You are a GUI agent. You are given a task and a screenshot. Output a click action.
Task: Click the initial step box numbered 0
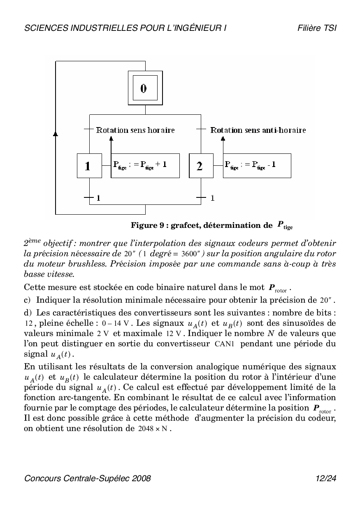143,88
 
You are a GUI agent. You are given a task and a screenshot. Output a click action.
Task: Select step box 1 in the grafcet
89,166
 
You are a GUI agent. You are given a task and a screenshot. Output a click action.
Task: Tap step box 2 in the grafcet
201,166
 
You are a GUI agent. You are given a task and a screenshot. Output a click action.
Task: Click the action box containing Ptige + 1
145,166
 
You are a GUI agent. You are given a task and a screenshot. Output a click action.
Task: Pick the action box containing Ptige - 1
257,166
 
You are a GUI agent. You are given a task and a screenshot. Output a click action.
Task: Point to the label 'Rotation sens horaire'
135,130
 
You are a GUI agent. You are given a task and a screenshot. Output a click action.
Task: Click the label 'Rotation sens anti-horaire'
258,130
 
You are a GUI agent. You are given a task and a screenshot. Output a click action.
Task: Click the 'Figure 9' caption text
211,225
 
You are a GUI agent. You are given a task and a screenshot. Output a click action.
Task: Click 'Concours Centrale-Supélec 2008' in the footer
88,478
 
